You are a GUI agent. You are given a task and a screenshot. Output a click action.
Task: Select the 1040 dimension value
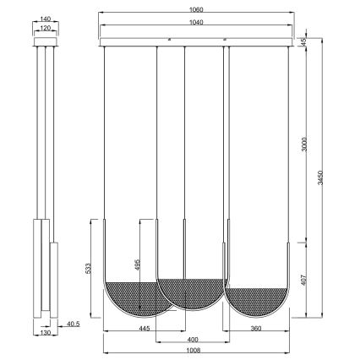pos(197,23)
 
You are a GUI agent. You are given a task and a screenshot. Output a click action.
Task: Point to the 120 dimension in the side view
pos(46,28)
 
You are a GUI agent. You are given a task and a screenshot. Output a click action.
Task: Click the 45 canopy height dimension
pos(303,41)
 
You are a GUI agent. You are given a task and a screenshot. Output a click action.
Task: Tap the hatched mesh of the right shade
pos(259,299)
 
